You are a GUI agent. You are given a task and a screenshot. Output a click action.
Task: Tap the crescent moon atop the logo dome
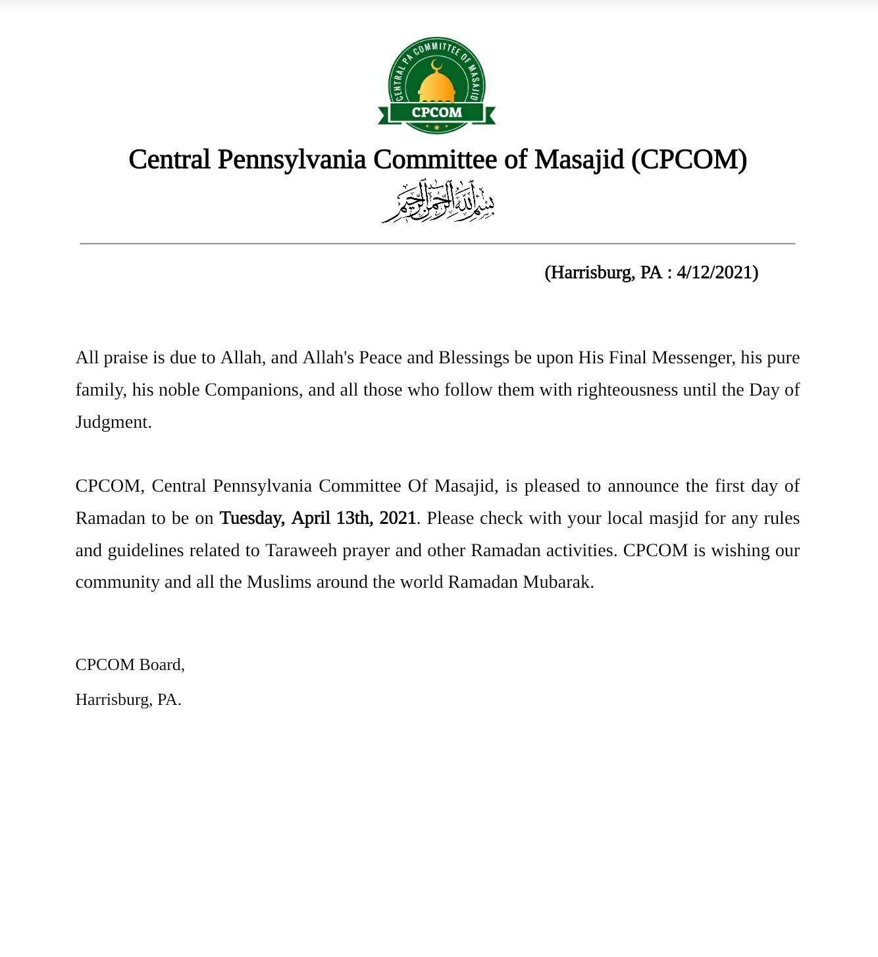436,65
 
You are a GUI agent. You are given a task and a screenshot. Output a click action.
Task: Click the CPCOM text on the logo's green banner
437,113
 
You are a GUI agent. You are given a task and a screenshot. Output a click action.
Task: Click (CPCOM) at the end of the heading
688,160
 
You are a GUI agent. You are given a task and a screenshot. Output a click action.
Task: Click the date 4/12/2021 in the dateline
717,272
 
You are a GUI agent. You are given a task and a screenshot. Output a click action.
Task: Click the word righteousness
627,390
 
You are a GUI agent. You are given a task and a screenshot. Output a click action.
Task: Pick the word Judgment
113,422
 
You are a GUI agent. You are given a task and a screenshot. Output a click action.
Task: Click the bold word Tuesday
252,518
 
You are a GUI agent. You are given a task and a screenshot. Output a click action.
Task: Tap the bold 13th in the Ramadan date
354,518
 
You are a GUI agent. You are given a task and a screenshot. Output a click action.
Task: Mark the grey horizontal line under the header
438,244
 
